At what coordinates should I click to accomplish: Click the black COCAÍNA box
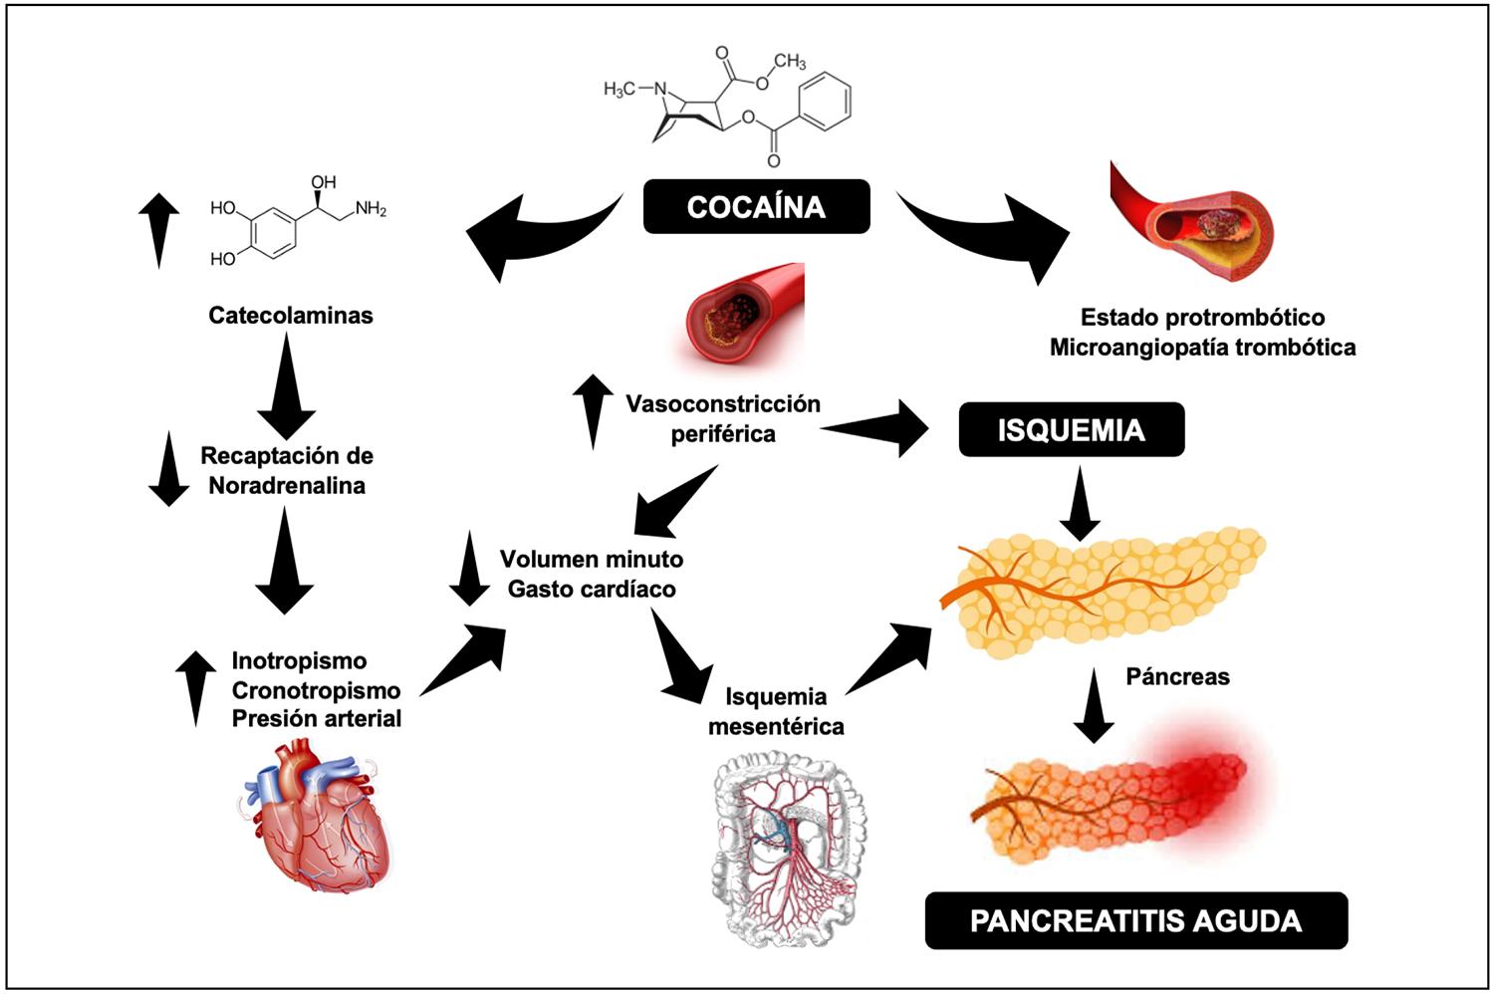[x=756, y=206]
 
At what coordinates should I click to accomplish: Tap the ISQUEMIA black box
[x=1071, y=430]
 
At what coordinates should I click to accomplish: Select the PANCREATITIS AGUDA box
[x=1135, y=920]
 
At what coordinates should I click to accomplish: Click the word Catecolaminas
[x=291, y=316]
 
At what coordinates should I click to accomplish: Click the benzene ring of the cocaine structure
[x=826, y=101]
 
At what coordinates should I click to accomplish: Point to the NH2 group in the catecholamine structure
[x=371, y=209]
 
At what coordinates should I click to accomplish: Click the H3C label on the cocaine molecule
[x=620, y=90]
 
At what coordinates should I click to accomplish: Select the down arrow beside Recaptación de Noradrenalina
[x=168, y=468]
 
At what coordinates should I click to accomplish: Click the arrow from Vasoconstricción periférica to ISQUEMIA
[x=876, y=428]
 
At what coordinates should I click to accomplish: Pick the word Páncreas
[x=1177, y=677]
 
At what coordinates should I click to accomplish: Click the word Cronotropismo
[x=316, y=690]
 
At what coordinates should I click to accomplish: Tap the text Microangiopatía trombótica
[x=1202, y=348]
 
